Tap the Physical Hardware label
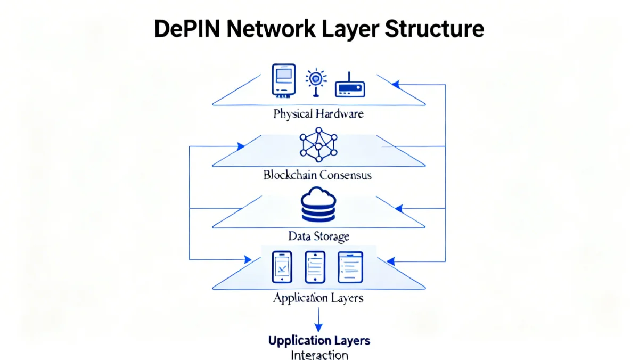[318, 113]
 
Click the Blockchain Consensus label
[317, 175]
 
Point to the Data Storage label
[318, 235]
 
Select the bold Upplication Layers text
[319, 340]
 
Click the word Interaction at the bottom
[319, 355]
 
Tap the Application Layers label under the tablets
[318, 297]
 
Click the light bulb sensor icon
[315, 81]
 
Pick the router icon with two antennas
[350, 86]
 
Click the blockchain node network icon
[318, 144]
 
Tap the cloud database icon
[318, 204]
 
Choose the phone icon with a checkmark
[282, 267]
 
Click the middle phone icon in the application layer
[315, 267]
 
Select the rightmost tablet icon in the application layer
[350, 267]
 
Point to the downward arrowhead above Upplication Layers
[318, 328]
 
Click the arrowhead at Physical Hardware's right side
[395, 84]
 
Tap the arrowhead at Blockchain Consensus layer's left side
[241, 146]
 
